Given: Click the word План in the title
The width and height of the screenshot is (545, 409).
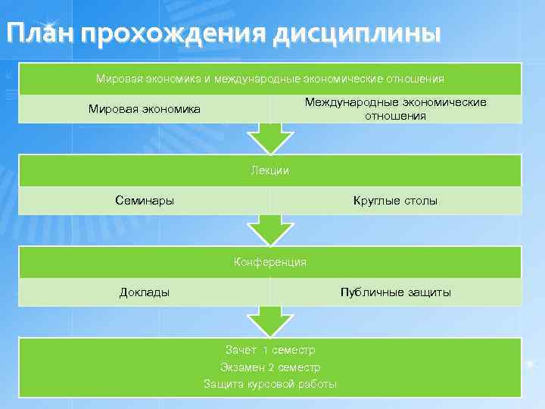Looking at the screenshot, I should [38, 33].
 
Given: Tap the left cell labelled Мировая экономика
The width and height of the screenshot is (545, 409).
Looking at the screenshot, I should [145, 109].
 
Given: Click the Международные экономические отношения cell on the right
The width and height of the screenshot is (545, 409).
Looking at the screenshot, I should [395, 109].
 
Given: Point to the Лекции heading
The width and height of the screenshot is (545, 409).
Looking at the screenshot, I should [270, 170].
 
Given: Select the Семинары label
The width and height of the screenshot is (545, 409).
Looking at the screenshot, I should [145, 201].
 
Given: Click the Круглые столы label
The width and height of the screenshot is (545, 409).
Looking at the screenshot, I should [395, 201].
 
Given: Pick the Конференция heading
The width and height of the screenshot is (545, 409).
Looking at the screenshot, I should [270, 262].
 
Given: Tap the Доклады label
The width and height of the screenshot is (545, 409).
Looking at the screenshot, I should [145, 292].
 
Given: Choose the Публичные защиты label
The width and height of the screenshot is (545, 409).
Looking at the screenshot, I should [395, 292].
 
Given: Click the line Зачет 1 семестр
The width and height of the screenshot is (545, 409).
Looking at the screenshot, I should [270, 350].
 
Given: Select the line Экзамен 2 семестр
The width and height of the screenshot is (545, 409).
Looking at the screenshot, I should [270, 367].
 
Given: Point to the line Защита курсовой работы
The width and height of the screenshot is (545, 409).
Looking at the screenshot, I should [270, 384].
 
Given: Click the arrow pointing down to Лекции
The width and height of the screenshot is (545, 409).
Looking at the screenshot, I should [270, 139].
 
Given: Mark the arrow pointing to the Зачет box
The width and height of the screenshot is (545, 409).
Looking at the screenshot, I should [270, 321].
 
